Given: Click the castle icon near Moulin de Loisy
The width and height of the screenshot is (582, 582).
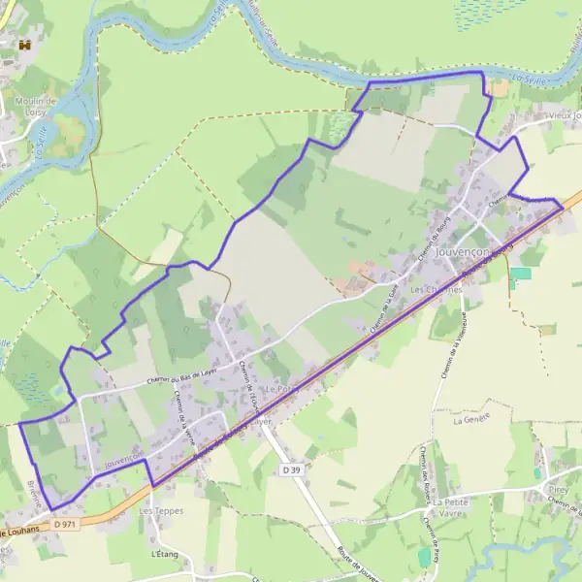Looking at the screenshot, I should (26, 45).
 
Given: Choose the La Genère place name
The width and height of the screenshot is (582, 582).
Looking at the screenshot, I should (475, 418).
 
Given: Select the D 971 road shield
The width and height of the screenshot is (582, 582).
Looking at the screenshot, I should (65, 525).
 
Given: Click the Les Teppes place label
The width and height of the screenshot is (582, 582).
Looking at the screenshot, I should (159, 510).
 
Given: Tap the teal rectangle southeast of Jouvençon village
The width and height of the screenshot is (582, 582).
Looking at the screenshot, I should (521, 274).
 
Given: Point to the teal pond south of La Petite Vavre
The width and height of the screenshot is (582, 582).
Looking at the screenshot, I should (424, 557).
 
